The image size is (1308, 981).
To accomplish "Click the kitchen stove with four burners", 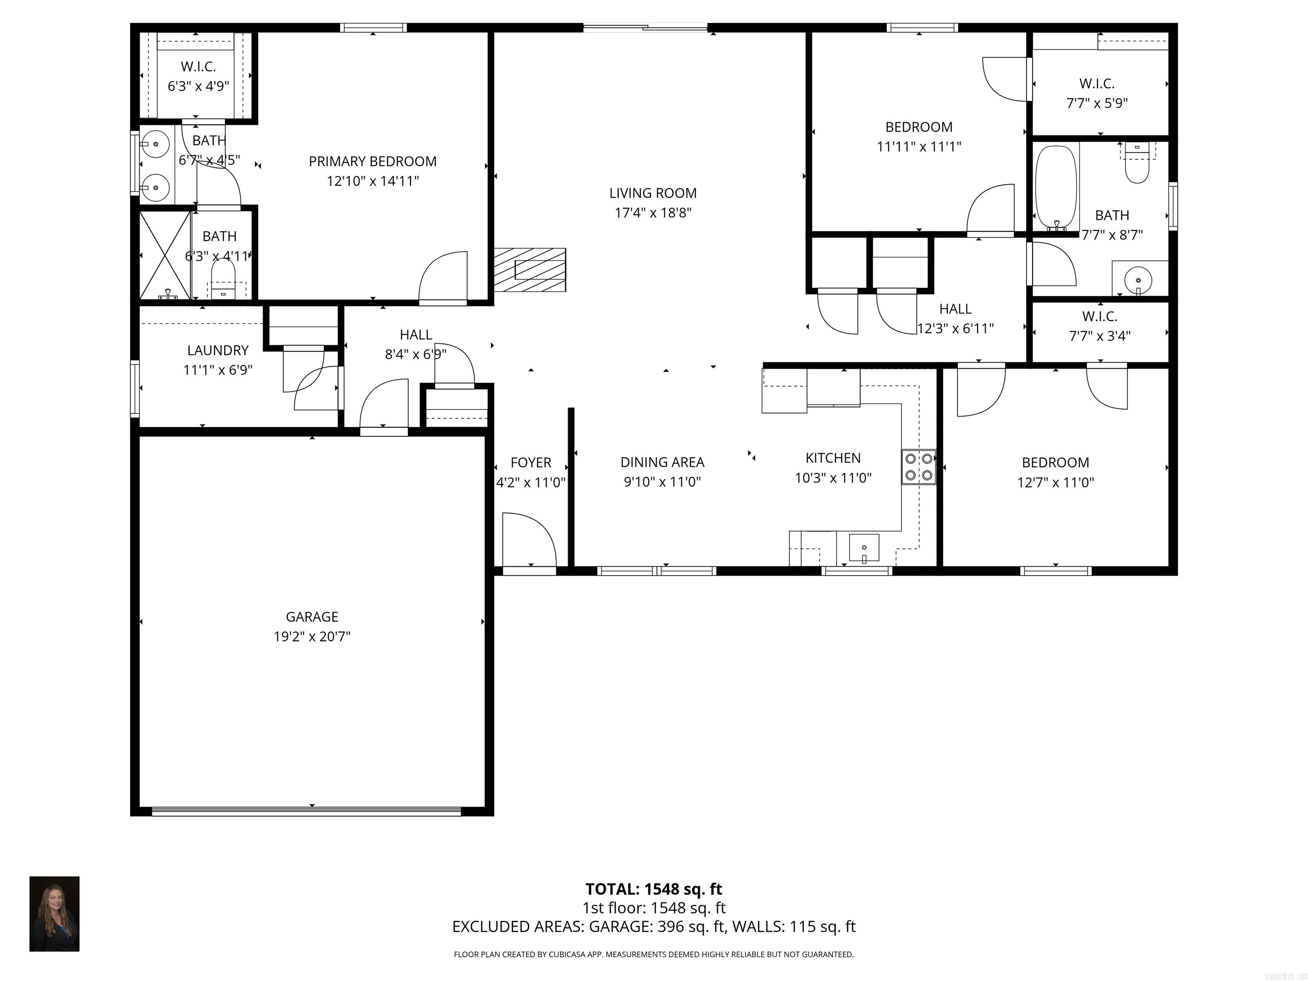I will point(919,467).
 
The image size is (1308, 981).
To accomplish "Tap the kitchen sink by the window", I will point(864,548).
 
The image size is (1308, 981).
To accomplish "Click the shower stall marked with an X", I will point(165,255).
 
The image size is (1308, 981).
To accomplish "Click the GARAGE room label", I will point(312,617).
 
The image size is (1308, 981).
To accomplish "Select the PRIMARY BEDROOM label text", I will point(373,161).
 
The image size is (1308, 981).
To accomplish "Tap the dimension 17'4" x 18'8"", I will point(653,212).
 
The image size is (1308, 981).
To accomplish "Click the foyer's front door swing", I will point(528,540).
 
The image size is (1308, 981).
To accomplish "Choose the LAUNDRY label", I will point(218,350).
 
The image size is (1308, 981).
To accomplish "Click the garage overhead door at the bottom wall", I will point(306,811).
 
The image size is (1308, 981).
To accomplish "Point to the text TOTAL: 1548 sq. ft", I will point(654,889).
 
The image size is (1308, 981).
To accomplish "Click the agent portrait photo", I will point(54,914).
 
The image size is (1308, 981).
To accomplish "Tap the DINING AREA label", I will point(662,462).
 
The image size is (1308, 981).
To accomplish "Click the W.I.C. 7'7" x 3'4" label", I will point(1099,326).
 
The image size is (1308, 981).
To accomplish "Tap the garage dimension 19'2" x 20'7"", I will point(312,636).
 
